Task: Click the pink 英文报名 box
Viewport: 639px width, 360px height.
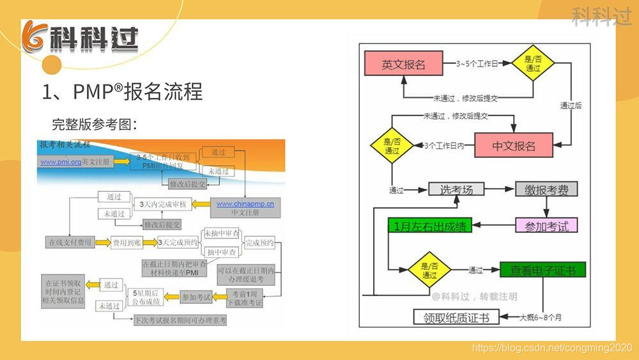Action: [403, 65]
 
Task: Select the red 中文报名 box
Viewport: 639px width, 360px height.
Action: [513, 146]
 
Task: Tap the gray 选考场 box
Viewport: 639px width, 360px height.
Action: [456, 189]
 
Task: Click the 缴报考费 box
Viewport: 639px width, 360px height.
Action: [546, 189]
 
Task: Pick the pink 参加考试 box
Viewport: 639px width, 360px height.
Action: [546, 225]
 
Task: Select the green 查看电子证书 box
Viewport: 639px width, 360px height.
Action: [543, 270]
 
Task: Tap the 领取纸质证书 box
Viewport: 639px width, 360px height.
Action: [456, 317]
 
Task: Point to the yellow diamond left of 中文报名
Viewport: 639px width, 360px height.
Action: [392, 146]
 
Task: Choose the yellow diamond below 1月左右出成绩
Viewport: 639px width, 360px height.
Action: [429, 271]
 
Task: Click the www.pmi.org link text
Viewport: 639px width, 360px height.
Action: [61, 162]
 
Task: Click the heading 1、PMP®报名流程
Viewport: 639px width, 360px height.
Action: [122, 91]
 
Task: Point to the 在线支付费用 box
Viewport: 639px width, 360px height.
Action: [70, 243]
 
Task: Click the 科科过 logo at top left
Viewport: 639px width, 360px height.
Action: [80, 40]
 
